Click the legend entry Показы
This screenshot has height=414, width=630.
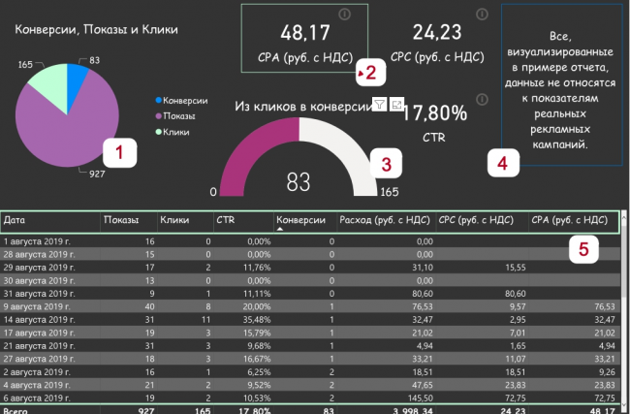pyautogui.click(x=179, y=115)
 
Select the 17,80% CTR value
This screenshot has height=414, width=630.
pyautogui.click(x=435, y=113)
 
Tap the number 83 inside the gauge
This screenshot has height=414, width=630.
pyautogui.click(x=299, y=179)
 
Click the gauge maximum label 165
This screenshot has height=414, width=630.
pyautogui.click(x=388, y=192)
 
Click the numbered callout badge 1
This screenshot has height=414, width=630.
pyautogui.click(x=120, y=151)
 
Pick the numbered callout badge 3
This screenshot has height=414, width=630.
pyautogui.click(x=386, y=164)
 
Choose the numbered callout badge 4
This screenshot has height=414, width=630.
pyautogui.click(x=501, y=163)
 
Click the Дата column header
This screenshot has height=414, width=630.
pyautogui.click(x=16, y=221)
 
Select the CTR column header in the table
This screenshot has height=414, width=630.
pyautogui.click(x=226, y=221)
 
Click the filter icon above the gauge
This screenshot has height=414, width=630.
pyautogui.click(x=379, y=104)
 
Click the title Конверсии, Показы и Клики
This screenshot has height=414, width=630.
pyautogui.click(x=96, y=30)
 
